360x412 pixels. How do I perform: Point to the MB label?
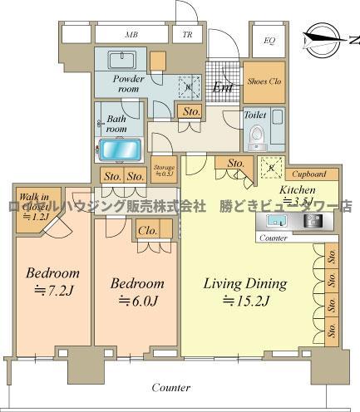point(131,35)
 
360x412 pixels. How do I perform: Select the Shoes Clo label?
point(264,81)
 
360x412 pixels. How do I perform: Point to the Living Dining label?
point(245,283)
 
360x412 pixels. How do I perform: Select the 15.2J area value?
point(246,301)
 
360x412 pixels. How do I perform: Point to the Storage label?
point(163,169)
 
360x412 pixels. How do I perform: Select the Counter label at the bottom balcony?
point(172,387)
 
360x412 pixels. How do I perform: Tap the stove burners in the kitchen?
point(313,221)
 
